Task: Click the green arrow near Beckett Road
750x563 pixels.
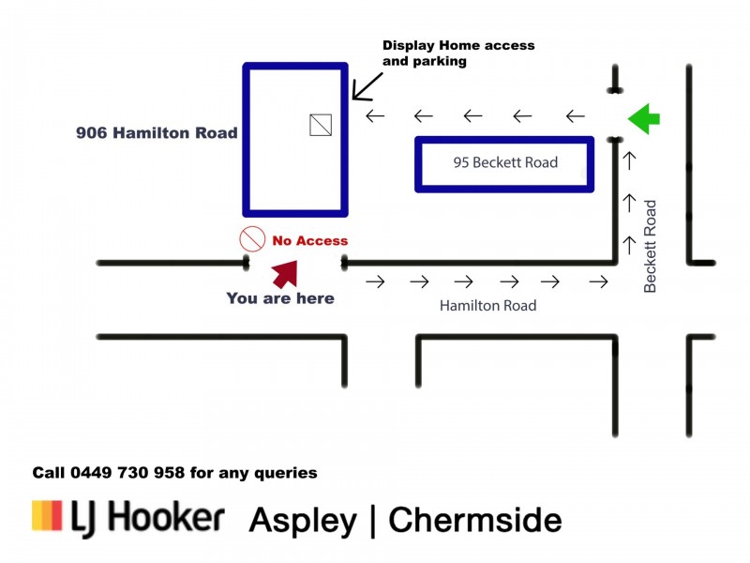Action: (644, 118)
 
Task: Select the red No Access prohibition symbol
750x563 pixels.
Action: (252, 240)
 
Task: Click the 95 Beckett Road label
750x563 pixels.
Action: (504, 163)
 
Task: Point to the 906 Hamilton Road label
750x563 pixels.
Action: (156, 134)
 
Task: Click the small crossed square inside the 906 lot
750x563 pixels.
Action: (322, 124)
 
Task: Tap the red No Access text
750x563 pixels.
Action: (309, 241)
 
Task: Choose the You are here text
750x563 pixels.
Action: (279, 298)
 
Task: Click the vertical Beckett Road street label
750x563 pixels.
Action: (651, 246)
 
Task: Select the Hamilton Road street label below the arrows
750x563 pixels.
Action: (487, 306)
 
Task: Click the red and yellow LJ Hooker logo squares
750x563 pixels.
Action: (47, 516)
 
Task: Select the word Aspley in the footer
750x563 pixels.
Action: (303, 519)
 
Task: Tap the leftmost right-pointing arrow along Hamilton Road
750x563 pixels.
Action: (376, 281)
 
